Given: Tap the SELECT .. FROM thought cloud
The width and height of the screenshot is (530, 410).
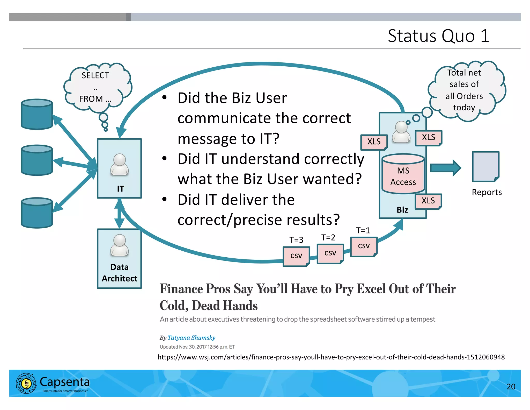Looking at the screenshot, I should point(96,87).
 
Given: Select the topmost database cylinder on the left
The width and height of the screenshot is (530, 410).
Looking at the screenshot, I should point(37,114).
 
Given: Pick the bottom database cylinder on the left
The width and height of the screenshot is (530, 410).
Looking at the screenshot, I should point(37,213).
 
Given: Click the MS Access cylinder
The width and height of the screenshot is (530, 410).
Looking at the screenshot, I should point(403,174).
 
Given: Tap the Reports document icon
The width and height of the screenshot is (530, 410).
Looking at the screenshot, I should point(485,167).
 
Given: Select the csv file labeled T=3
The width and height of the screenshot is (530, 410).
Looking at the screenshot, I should point(296,256).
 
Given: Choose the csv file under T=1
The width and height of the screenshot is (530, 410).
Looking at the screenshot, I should point(364,246).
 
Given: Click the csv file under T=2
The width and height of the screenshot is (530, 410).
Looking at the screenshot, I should point(330,253).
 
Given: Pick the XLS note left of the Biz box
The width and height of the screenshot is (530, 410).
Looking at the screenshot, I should point(374,142).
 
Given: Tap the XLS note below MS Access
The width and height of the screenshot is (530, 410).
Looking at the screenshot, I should point(428,201).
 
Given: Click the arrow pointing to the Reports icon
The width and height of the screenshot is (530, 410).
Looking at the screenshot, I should point(445,168).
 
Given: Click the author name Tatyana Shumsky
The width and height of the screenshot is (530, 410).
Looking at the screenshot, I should point(191,338).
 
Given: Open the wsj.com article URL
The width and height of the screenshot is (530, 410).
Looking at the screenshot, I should point(331,357).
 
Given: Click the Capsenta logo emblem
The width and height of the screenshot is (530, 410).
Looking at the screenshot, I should point(26,383).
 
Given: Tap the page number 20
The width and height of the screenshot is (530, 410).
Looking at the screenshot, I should point(511,386).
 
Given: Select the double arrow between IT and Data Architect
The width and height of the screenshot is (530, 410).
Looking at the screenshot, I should point(119,214).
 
